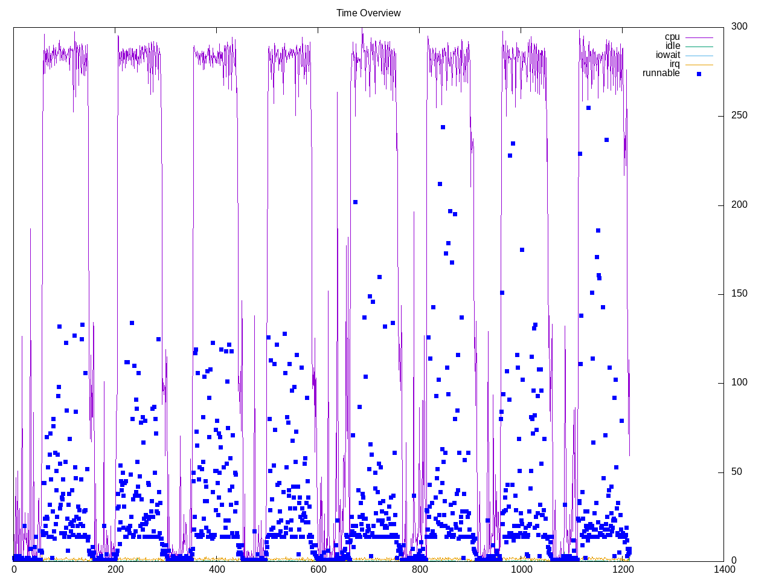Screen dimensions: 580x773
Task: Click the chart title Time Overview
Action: click(x=368, y=13)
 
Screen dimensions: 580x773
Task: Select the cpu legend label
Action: click(x=672, y=37)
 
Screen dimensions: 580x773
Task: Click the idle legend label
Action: click(x=673, y=46)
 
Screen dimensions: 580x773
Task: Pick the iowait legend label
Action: click(x=668, y=55)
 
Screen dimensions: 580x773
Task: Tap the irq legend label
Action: click(x=675, y=64)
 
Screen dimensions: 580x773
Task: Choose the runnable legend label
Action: click(x=661, y=73)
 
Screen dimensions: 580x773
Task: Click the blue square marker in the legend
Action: click(x=699, y=74)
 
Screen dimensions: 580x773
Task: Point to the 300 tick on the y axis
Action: click(x=739, y=27)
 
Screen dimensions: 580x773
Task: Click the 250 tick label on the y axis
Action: click(x=739, y=115)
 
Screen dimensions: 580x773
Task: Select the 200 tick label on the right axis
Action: click(x=739, y=205)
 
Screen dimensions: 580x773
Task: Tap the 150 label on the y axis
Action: click(x=739, y=294)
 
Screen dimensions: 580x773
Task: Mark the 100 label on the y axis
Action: click(x=739, y=382)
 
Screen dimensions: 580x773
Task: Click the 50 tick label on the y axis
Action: click(x=737, y=472)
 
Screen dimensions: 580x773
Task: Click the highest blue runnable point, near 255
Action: click(x=588, y=108)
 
